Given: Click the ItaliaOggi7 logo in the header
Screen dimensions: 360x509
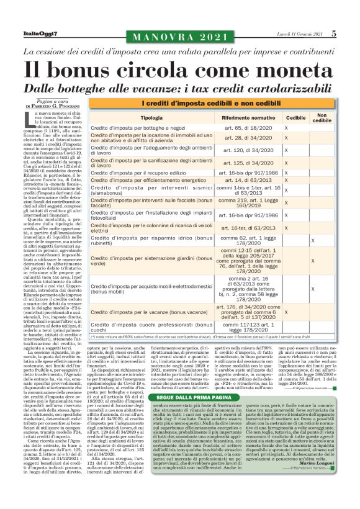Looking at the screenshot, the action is pos(40,34).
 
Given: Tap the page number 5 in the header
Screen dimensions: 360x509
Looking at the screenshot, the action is pos(333,34).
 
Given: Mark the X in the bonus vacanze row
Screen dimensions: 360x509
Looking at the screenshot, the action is pos(286,312).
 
